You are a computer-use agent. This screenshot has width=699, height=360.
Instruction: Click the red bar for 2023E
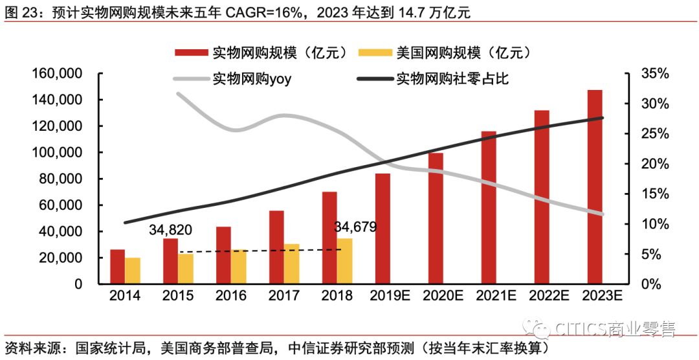pos(595,187)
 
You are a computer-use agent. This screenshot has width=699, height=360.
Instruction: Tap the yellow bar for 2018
pos(345,261)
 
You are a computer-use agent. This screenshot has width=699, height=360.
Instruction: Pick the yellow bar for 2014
pos(132,271)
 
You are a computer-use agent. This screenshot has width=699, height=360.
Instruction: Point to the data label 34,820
pos(171,230)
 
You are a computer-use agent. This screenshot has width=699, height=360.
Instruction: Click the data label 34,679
pos(355,227)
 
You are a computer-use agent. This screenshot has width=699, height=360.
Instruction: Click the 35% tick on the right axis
pos(654,74)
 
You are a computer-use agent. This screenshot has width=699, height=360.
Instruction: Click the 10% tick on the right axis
pos(654,224)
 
